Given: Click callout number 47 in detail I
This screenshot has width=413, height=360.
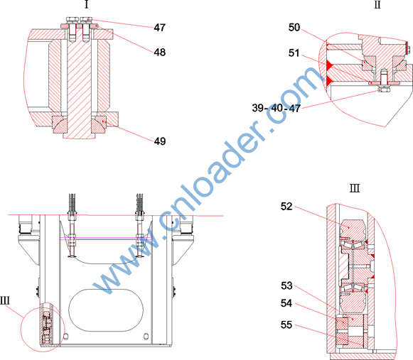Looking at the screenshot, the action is [x=160, y=28].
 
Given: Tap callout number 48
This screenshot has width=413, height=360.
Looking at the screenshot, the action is [x=160, y=52].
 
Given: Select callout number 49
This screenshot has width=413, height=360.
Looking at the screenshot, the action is [x=160, y=141].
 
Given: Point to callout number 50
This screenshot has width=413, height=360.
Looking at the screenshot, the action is [x=294, y=28].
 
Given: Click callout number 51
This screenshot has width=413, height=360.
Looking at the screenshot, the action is [x=294, y=53].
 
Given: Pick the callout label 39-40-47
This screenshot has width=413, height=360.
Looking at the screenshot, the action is [x=277, y=108].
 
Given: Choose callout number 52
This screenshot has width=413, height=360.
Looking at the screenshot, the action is [x=286, y=207].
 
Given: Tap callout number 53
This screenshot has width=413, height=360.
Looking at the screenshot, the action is [x=286, y=285].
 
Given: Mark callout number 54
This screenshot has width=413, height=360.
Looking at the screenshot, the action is [x=286, y=303].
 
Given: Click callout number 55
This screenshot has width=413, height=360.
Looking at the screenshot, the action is [x=286, y=324].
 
